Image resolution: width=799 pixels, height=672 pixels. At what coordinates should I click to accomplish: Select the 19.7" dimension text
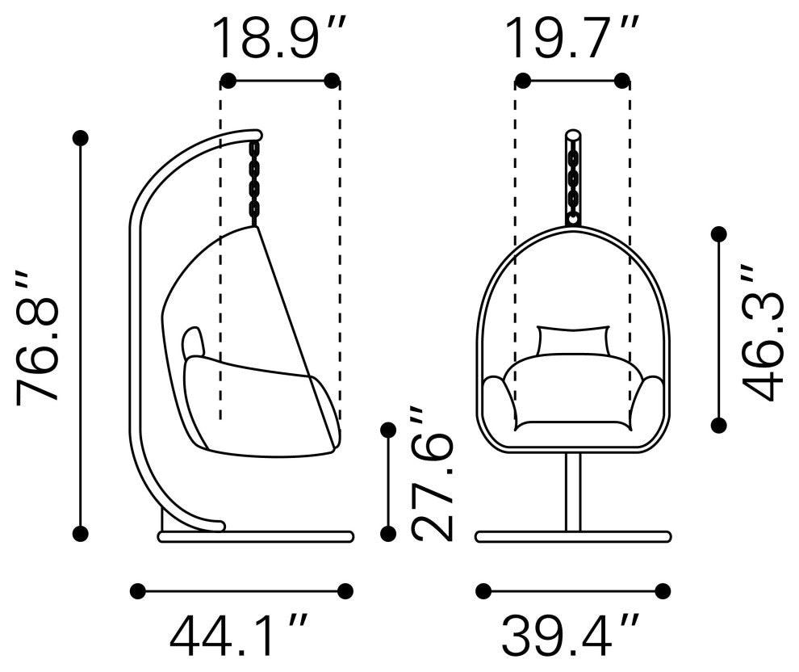[573, 37]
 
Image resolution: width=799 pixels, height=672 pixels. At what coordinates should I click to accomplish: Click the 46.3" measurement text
[763, 333]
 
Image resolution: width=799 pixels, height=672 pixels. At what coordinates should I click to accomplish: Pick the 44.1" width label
[239, 635]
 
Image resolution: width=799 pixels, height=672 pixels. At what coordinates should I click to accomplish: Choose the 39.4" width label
[571, 635]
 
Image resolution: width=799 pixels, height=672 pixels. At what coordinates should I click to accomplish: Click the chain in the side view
[253, 183]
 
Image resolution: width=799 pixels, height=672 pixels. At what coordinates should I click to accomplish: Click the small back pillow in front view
[573, 340]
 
